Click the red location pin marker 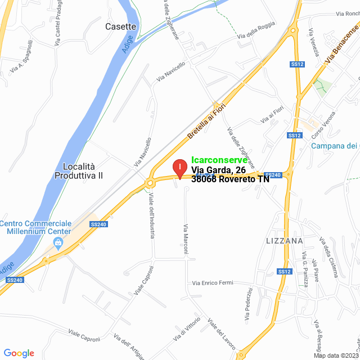pos(179,168)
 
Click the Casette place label pos(121,26)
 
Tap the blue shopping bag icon pos(57,242)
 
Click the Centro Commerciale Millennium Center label pos(36,227)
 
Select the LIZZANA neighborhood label pos(284,241)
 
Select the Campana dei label pos(335,146)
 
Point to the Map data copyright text pos(336,355)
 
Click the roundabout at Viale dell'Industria pos(150,183)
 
